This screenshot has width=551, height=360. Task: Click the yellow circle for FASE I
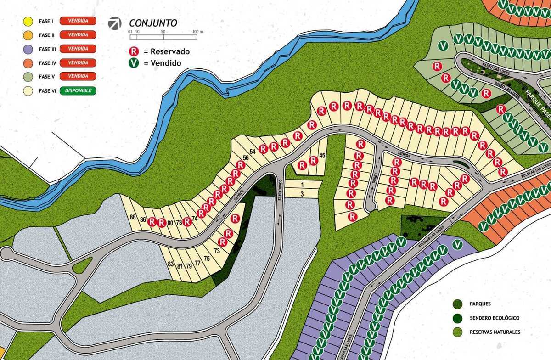pos(28,21)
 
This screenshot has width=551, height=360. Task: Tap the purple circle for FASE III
pos(28,49)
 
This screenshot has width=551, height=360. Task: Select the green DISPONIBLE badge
pos(78,91)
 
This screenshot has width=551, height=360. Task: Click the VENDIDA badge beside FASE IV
pos(78,63)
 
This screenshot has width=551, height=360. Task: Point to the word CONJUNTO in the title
pos(153,23)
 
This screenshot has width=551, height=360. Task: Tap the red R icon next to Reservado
pos(134,51)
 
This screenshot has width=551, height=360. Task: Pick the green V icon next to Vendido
pos(134,63)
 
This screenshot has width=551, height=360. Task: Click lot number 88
pos(133,217)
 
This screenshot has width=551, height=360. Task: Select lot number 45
pos(322,156)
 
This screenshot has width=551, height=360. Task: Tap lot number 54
pos(252,152)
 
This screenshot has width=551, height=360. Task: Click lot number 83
pos(171,264)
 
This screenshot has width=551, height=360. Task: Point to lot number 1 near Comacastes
pos(302,185)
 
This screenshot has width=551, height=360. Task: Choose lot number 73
pos(217,250)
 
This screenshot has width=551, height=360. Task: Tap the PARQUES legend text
pos(480,304)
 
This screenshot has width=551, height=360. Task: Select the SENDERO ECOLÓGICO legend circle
pos(457,318)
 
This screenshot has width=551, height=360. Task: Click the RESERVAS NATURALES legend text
pos(495,332)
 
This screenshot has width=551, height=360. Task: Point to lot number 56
pos(246,158)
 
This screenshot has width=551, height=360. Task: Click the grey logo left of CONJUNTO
pos(115,23)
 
